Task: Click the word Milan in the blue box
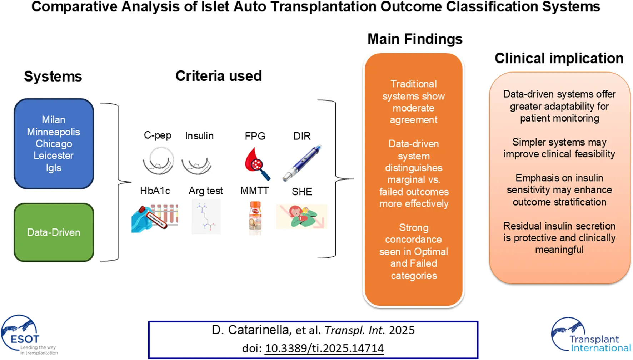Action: pyautogui.click(x=54, y=119)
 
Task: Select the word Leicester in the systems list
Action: pyautogui.click(x=54, y=156)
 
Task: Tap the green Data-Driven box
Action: pyautogui.click(x=54, y=232)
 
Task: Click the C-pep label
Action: pyautogui.click(x=158, y=135)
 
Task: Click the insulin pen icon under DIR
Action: pyautogui.click(x=302, y=163)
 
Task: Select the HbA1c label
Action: pyautogui.click(x=155, y=191)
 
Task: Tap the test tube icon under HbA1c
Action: pyautogui.click(x=155, y=218)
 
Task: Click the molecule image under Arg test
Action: pyautogui.click(x=206, y=217)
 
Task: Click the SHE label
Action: pyautogui.click(x=302, y=192)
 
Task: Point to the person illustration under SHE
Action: pyautogui.click(x=302, y=216)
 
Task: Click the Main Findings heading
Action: pyautogui.click(x=415, y=39)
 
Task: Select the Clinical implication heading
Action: pyautogui.click(x=559, y=58)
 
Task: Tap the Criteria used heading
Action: pyautogui.click(x=219, y=76)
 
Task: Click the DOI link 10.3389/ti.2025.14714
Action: pyautogui.click(x=324, y=348)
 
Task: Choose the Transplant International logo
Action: pyautogui.click(x=589, y=336)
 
